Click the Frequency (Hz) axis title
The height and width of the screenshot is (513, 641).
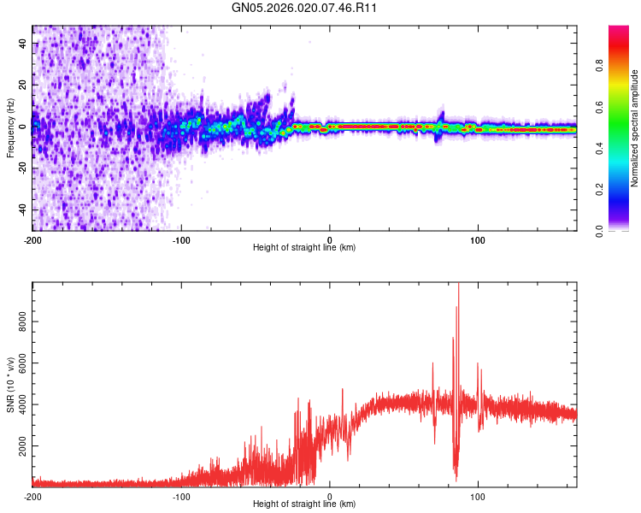[10, 127]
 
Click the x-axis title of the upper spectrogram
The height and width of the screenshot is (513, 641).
[304, 248]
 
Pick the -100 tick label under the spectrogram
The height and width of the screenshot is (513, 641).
[181, 239]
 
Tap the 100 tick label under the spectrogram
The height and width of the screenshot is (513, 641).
[479, 239]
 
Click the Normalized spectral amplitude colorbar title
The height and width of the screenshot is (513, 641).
[635, 127]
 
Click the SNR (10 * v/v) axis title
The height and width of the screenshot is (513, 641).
[10, 384]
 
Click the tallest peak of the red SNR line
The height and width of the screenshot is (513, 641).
[459, 285]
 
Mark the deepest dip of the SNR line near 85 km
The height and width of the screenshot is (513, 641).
[456, 479]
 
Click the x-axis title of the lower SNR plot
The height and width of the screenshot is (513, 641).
[304, 504]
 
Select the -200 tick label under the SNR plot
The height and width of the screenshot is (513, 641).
[32, 496]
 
